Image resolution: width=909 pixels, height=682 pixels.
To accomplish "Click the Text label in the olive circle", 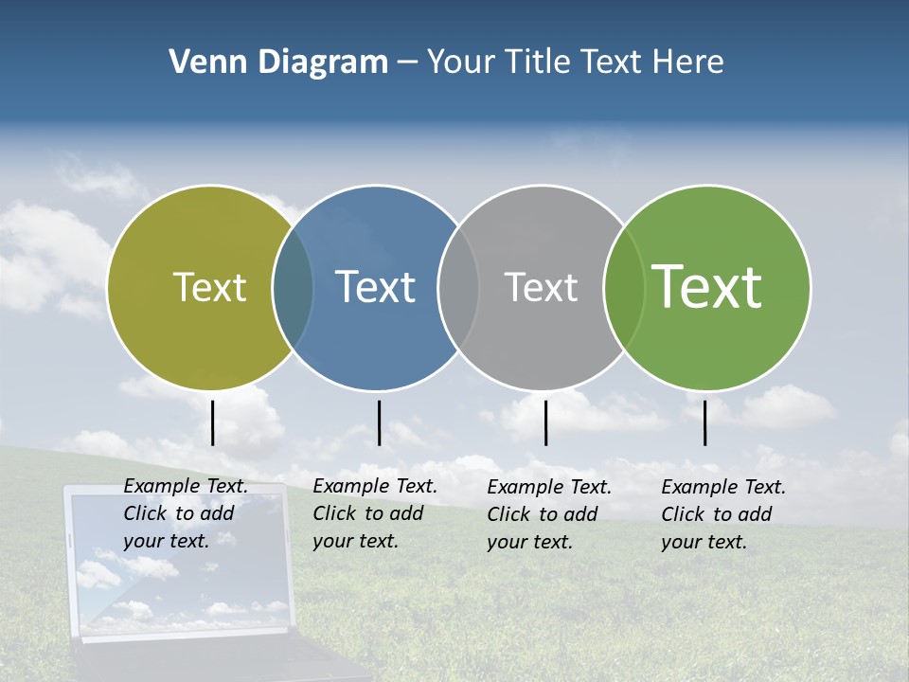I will [209, 287].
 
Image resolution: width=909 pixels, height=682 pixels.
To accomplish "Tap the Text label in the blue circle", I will [376, 287].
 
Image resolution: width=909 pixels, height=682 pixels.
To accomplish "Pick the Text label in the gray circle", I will [541, 287].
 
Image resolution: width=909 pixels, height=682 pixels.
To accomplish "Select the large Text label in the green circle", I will [706, 286].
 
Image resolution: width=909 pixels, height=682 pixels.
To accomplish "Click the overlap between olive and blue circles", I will [293, 288].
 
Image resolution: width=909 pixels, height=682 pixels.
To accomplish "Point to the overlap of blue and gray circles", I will [458, 288].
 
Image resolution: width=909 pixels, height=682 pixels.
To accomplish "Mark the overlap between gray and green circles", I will [624, 288].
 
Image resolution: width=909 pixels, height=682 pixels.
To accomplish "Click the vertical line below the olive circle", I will [212, 422].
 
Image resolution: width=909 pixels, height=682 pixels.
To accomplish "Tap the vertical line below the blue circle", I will [379, 422].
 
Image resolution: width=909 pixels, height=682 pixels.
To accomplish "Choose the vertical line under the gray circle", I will [545, 422].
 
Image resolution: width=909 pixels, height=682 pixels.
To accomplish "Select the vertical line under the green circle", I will [704, 422].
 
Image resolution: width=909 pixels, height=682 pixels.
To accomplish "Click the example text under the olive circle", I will [186, 513].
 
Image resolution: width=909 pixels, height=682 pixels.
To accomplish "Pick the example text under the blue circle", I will [375, 513].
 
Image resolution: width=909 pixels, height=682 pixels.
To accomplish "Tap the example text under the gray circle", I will [549, 514].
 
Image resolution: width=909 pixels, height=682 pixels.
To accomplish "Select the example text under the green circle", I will [723, 514].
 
